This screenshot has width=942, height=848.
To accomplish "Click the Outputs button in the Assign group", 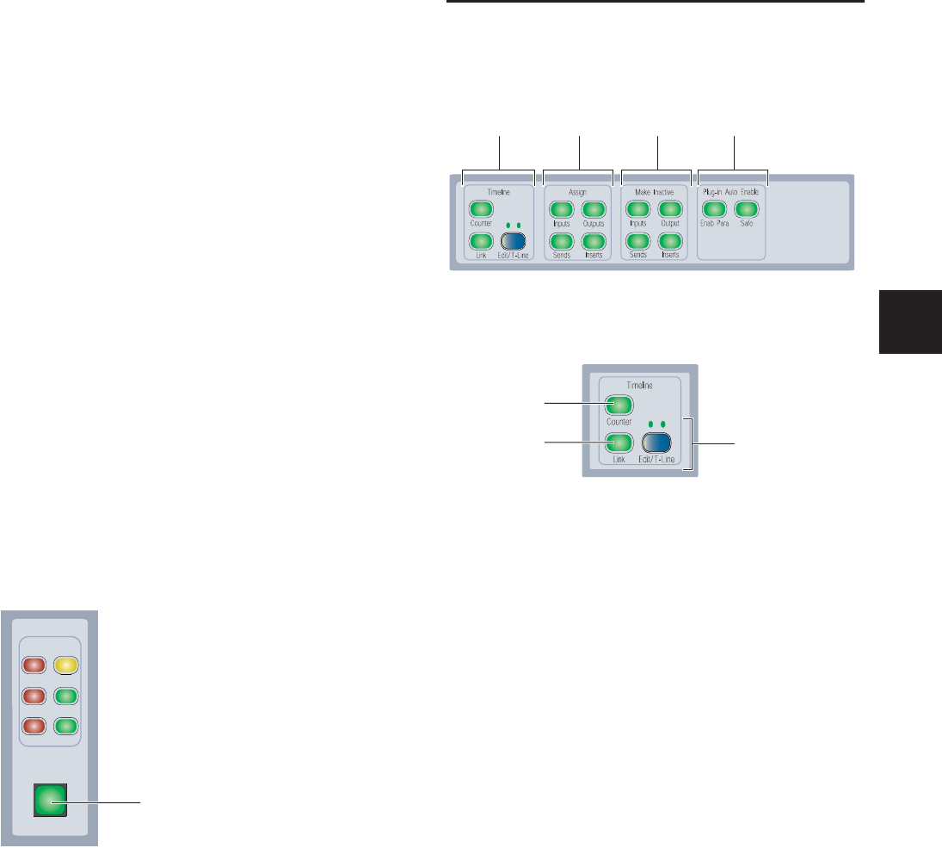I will coord(593,209).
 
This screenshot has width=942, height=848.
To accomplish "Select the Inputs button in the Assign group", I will coord(560,209).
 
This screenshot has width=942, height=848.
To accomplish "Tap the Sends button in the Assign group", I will coord(560,241).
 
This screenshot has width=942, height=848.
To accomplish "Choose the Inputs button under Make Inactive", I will coord(637,209).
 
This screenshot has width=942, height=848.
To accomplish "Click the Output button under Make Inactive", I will coord(670,209).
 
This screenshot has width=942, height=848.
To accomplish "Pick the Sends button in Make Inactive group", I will coord(637,241).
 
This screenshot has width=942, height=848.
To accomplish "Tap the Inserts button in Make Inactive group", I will coord(670,241).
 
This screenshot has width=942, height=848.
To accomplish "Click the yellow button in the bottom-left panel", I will coord(66,665).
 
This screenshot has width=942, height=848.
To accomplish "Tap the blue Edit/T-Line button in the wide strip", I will coord(514,241).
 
